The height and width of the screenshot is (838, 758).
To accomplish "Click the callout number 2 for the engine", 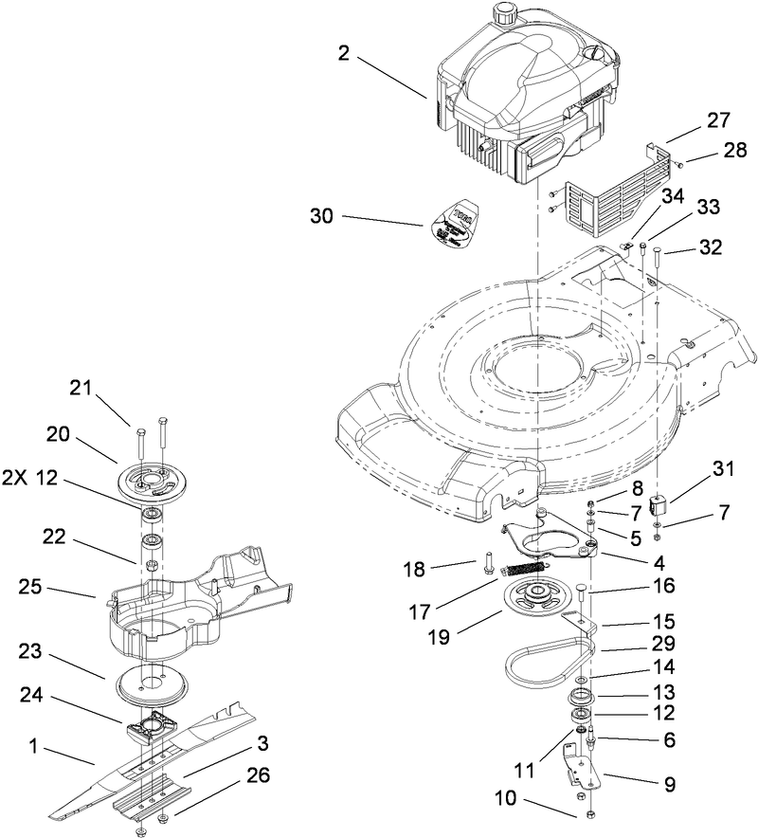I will pyautogui.click(x=344, y=54).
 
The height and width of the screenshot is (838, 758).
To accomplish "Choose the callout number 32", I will pyautogui.click(x=710, y=248).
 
